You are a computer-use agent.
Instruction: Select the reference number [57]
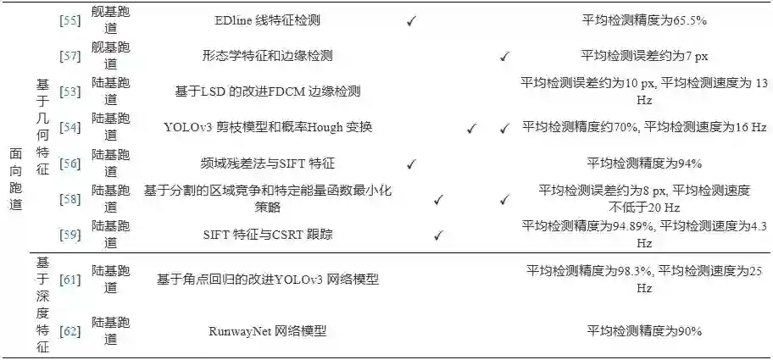click(x=70, y=57)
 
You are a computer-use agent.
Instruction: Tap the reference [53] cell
click(x=70, y=91)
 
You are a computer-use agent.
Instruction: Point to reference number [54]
click(x=70, y=127)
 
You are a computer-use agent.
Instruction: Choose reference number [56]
click(x=70, y=163)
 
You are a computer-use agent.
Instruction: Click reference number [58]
click(x=70, y=199)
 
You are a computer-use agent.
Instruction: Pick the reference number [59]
click(x=70, y=234)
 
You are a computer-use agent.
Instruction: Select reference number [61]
click(x=70, y=279)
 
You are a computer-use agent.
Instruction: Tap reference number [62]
click(x=70, y=330)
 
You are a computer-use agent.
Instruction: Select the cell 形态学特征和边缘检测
click(x=267, y=57)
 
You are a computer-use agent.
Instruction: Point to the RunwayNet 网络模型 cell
click(x=267, y=330)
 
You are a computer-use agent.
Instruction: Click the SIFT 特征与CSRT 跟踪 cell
click(x=267, y=234)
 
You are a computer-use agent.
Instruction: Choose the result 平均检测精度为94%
click(x=644, y=163)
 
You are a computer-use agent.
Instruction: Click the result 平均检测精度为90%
click(x=644, y=330)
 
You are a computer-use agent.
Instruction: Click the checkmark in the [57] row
click(x=504, y=57)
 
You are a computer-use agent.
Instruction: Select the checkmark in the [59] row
click(x=438, y=235)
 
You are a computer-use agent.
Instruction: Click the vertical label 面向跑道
click(x=16, y=180)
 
